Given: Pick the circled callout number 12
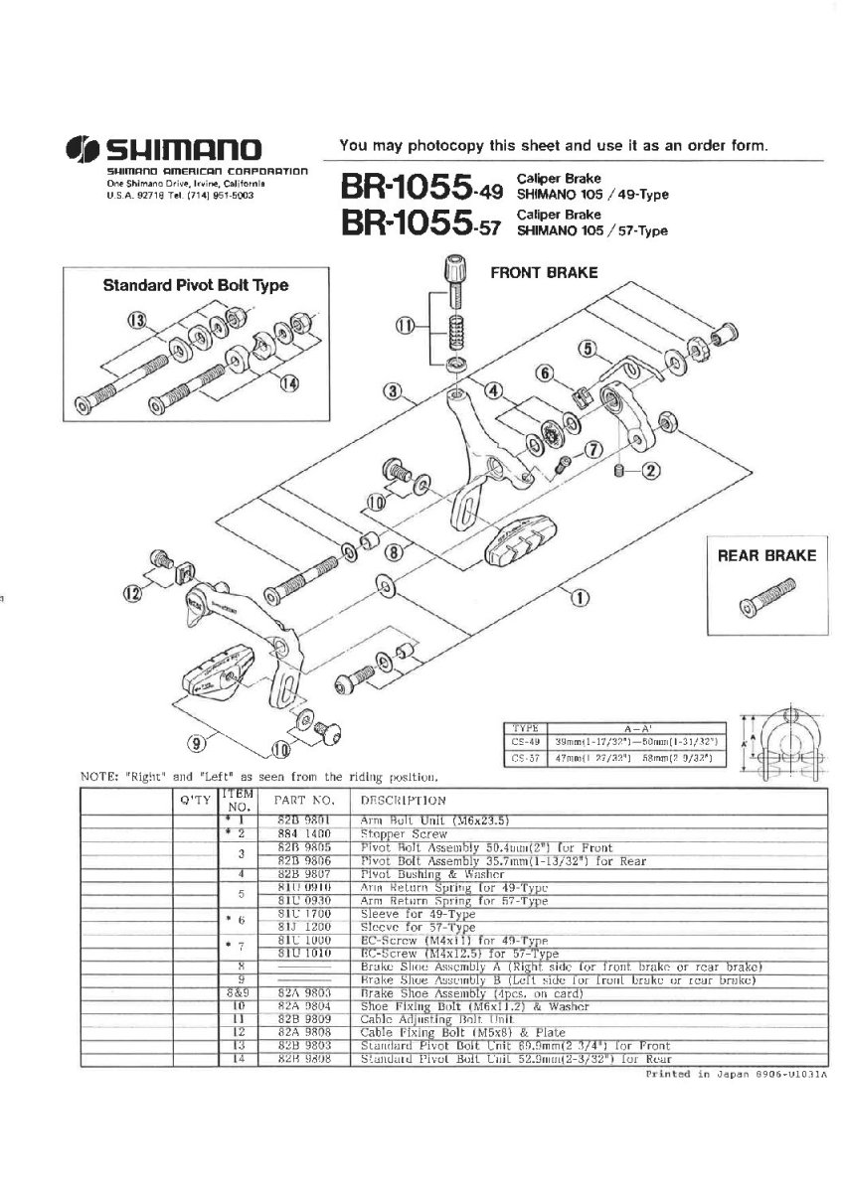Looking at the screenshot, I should click(132, 593).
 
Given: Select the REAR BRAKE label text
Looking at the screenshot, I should click(766, 556).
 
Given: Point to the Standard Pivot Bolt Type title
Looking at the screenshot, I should click(196, 286).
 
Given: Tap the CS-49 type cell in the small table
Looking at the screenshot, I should click(523, 741).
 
